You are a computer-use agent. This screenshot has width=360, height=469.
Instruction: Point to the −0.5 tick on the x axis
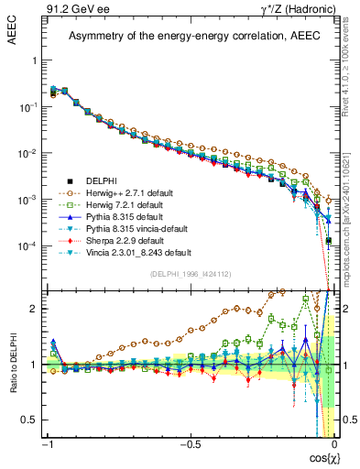coord(189,445)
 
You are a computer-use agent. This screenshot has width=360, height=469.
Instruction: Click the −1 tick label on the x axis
coord(48,445)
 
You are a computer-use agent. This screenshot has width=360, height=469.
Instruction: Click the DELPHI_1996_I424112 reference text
coord(190,273)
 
